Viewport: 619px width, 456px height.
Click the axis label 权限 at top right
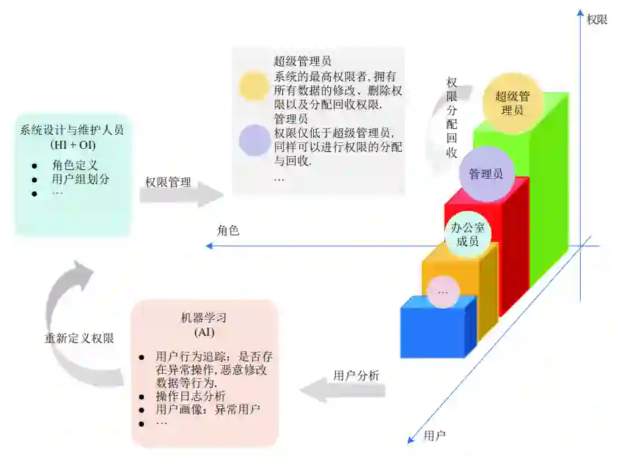point(597,20)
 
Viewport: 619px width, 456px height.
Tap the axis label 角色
point(228,230)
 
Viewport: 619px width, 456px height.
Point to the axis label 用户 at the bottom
point(435,435)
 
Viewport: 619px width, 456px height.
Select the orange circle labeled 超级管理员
point(513,103)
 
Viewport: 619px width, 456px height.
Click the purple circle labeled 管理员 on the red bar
point(486,174)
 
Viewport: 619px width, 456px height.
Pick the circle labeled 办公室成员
point(464,234)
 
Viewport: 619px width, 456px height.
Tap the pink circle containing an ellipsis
point(443,292)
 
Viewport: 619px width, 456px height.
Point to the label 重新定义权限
point(79,339)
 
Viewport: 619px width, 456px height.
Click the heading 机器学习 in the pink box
point(204,318)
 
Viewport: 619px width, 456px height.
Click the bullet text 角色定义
point(75,165)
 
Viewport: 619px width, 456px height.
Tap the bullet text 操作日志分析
point(191,397)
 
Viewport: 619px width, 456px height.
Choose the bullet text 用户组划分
point(81,179)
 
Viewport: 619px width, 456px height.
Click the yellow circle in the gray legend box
point(254,87)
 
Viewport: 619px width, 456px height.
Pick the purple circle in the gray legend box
point(254,139)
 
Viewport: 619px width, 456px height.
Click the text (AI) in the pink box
point(204,333)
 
